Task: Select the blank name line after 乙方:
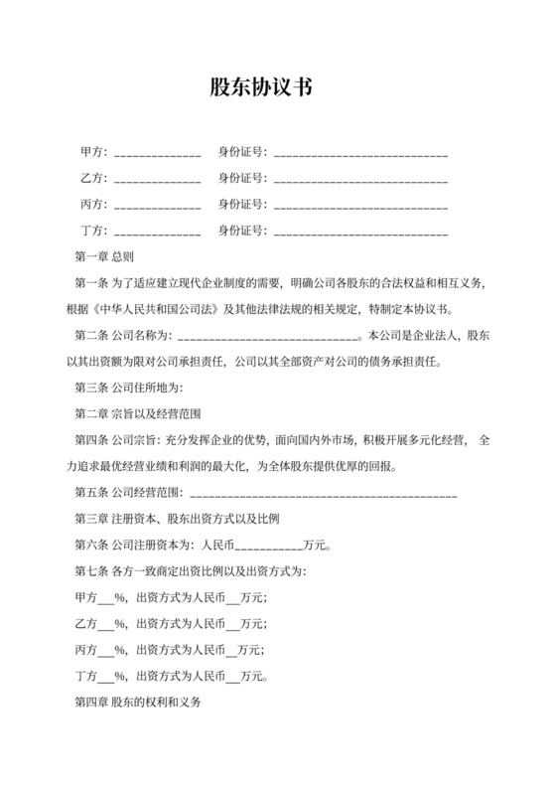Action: (x=158, y=180)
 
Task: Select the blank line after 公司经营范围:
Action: (x=322, y=491)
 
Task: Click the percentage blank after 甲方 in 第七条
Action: (x=106, y=597)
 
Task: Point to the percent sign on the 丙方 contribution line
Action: (x=120, y=649)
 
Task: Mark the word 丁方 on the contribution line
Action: (x=86, y=676)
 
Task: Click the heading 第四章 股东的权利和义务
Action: (x=138, y=702)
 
